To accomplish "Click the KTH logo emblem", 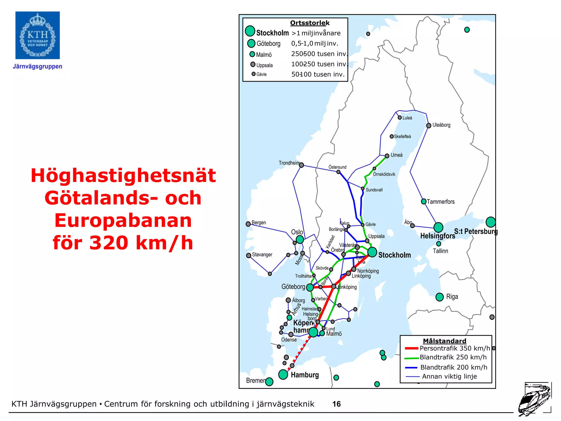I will point(38,35).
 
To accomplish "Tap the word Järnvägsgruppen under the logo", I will point(38,67).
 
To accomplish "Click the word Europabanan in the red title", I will point(123,220).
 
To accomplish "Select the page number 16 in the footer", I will point(336,404).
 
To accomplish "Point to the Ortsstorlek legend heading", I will point(310,23).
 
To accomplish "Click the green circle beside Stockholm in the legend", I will point(250,31).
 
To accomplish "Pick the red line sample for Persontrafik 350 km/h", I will point(411,348).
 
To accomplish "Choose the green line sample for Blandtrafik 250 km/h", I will point(411,358).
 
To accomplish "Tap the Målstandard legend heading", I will point(444,341).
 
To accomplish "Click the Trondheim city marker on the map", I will point(301,165).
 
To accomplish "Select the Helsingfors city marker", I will point(438,227).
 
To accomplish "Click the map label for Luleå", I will point(407,118).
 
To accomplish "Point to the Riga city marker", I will point(439,297).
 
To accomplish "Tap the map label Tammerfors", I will point(440,202).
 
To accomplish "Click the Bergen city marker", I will point(248,224).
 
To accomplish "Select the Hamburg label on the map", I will point(305,375).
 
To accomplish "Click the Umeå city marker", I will point(387,156).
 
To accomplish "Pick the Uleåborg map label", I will point(441,125).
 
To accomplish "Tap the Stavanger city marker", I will point(249,255).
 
